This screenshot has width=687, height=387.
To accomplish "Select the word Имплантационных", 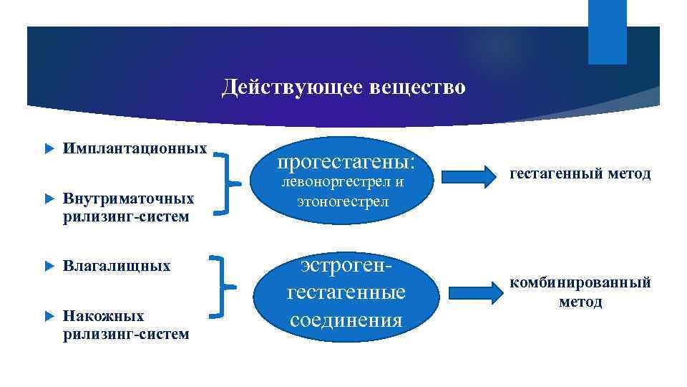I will pos(135,149).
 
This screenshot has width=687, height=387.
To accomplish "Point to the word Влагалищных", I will pos(117,267).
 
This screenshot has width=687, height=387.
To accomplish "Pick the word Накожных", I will pos(103,316).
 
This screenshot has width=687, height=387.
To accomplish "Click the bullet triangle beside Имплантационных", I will pos(49,150).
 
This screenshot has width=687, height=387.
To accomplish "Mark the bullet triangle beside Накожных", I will pos(49,316).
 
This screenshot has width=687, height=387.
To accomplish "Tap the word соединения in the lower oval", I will pos(346,319).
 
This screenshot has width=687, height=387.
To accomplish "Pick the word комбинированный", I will pos(580,283).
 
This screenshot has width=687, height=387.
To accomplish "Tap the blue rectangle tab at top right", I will pos(607,32).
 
